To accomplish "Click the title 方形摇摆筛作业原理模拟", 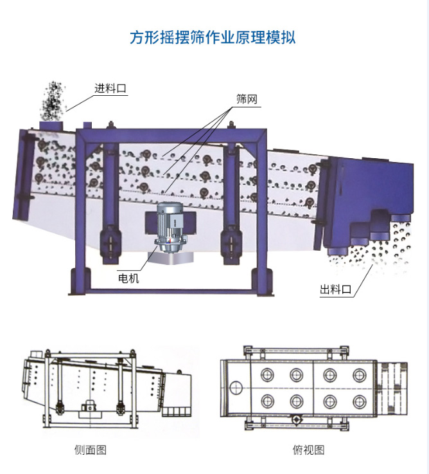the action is [213, 37].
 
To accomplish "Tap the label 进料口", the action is [110, 88].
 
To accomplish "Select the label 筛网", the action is [247, 99].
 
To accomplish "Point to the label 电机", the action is [128, 278].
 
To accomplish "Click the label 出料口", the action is [336, 289].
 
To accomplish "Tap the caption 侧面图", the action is [91, 450].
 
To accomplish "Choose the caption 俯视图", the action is [308, 450].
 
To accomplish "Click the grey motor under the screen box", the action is [171, 227].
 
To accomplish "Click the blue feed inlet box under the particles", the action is [51, 125].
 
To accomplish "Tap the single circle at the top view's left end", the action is [236, 387].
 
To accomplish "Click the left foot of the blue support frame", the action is [80, 281].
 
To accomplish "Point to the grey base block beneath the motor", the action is [171, 258].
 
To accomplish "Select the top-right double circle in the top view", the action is [359, 375].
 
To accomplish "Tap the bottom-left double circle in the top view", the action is [268, 401].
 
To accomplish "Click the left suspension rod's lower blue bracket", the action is [110, 244].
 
